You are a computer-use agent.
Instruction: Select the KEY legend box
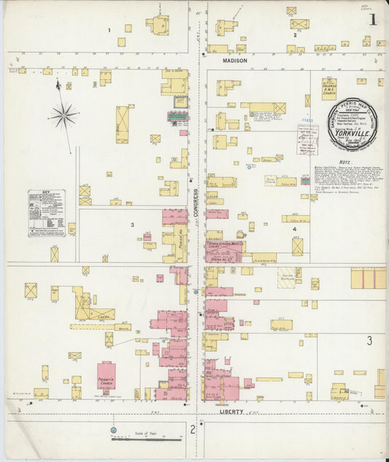[x=47, y=213]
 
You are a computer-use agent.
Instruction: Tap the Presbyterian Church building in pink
[x=107, y=377]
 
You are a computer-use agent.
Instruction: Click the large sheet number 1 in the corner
[x=373, y=19]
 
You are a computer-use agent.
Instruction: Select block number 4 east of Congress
[x=295, y=230]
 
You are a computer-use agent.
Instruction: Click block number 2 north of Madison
[x=294, y=34]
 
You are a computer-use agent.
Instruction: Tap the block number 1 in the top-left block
[x=109, y=30]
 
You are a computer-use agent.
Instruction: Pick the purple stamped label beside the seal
[x=307, y=138]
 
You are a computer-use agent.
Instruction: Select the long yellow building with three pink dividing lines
[x=369, y=279]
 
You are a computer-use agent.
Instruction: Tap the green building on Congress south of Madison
[x=177, y=116]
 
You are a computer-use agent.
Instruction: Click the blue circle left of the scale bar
[x=114, y=430]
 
